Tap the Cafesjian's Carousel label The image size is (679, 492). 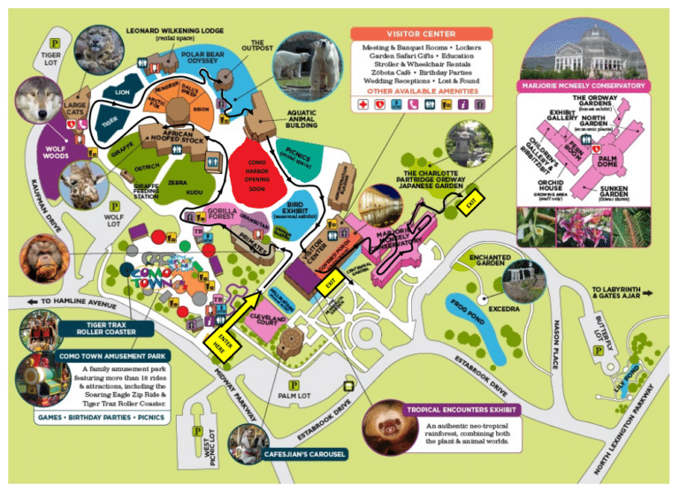[305, 454]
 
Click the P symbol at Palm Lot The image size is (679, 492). [294, 386]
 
